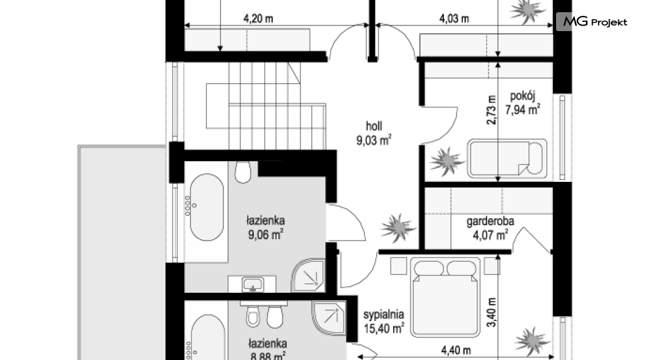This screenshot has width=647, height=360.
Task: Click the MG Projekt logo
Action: pos(592,21)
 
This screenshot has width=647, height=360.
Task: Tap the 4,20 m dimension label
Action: pos(258,18)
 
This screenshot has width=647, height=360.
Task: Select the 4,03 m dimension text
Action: pos(454,18)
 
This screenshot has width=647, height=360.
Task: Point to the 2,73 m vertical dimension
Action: pos(491,110)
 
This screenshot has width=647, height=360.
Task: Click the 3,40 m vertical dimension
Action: pos(491,312)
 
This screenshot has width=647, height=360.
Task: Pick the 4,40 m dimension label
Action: pos(456,350)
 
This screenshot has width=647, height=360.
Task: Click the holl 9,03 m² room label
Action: pos(374,133)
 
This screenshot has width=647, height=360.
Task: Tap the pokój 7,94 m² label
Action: pos(523,103)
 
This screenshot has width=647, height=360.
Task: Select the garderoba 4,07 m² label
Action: pos(490,228)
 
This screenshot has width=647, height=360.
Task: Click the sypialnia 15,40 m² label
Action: pos(384,322)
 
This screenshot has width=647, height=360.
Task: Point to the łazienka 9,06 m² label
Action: pos(266,228)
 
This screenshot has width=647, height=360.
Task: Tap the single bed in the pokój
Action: pos(507,159)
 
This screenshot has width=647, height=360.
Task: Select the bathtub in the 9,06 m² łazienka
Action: pos(207,207)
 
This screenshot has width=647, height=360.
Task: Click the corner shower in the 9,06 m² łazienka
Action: pos(308,275)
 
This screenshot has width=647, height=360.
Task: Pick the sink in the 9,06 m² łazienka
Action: pos(253,284)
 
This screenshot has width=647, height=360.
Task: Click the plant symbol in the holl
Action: pos(398,227)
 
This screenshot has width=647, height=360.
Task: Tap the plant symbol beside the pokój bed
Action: pos(446,161)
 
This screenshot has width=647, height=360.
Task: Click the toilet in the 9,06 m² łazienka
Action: pos(243,171)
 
